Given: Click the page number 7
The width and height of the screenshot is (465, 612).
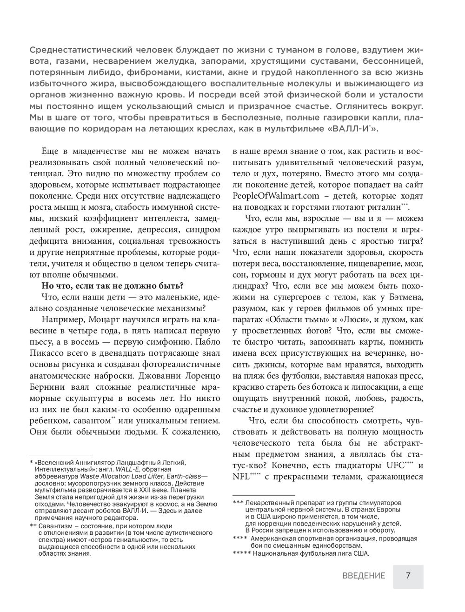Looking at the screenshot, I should tap(408, 576).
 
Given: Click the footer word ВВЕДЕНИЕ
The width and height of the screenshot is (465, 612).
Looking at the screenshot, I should tap(364, 576).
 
